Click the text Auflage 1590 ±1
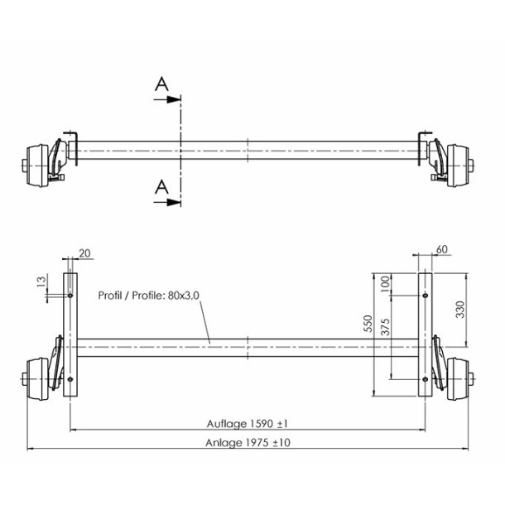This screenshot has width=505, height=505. [x=247, y=423]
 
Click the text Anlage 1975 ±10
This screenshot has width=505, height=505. [x=247, y=442]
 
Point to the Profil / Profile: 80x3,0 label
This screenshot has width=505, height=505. [x=148, y=294]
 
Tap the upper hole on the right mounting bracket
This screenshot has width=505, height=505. [x=425, y=295]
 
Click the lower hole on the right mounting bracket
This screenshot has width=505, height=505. [x=425, y=380]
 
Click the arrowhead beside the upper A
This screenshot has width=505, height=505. [x=174, y=99]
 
